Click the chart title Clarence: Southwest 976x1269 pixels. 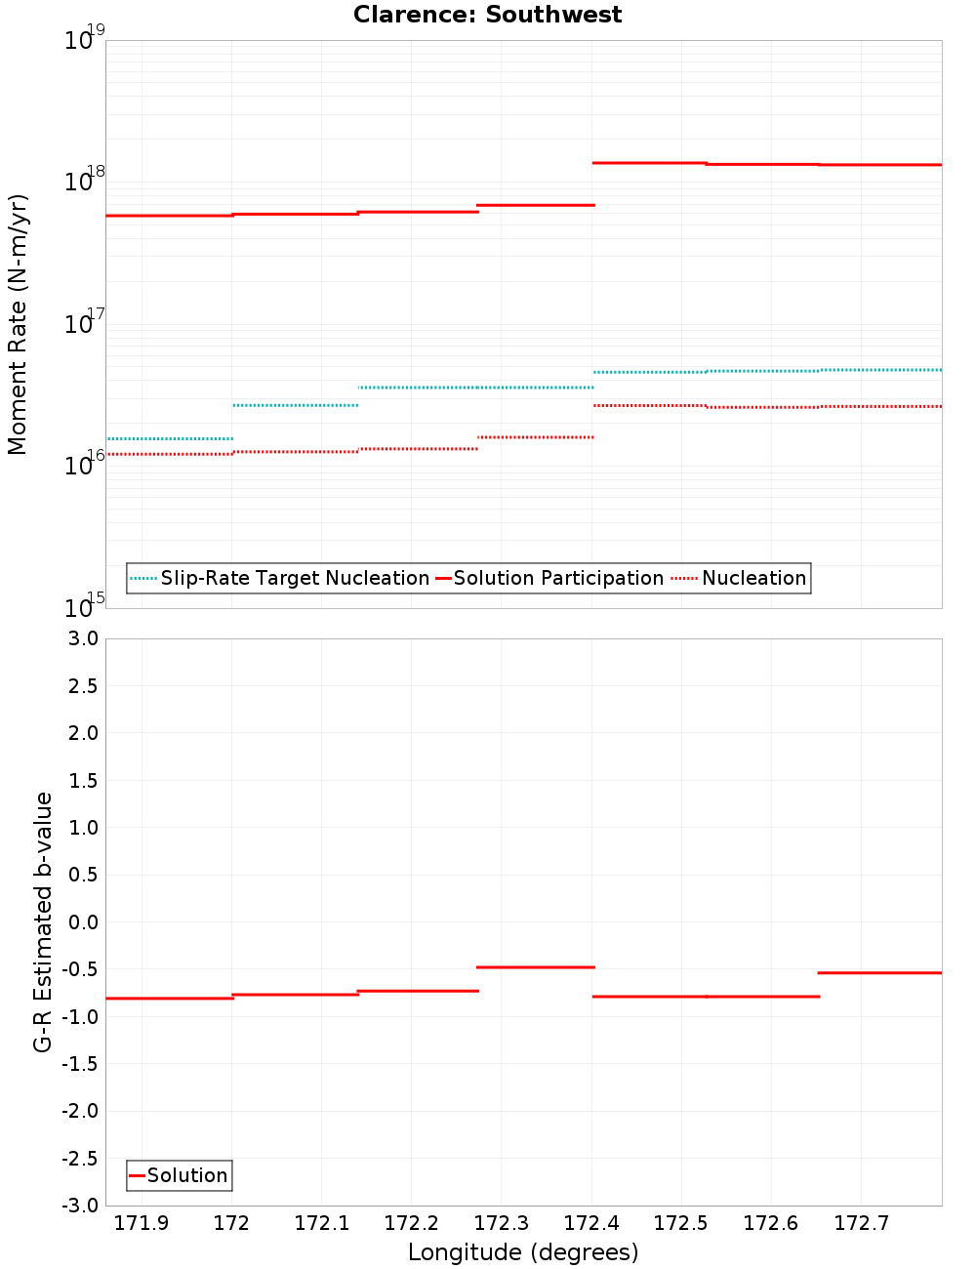(487, 15)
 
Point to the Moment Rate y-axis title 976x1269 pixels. (18, 324)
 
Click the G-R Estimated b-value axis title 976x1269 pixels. (43, 921)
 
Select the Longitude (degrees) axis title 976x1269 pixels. (523, 1252)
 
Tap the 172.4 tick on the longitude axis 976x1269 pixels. (591, 1223)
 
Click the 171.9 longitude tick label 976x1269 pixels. (142, 1223)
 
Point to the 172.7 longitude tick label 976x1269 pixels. (861, 1223)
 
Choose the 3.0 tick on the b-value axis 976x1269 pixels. (79, 638)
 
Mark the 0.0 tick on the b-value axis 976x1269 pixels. (79, 921)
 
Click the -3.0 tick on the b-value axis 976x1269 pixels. (79, 1206)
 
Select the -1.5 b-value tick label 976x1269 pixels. (79, 1064)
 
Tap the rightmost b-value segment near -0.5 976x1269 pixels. (879, 972)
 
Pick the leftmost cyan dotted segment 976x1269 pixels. (169, 438)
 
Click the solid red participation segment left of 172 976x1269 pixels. (169, 215)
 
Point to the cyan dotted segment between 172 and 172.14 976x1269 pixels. (295, 405)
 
